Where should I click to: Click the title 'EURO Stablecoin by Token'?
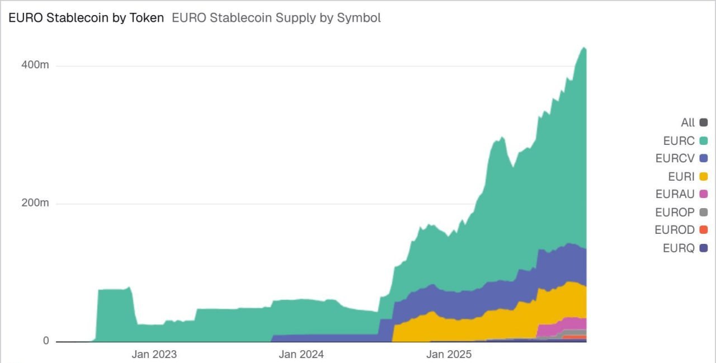click(86, 18)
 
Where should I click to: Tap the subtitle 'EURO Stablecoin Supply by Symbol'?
click(276, 18)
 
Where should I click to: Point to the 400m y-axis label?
click(35, 65)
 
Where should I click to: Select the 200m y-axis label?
click(35, 203)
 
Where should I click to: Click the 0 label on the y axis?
click(46, 341)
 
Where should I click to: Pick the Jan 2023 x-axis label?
click(154, 354)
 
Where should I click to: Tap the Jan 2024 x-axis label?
click(301, 354)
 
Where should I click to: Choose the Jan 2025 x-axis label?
click(449, 354)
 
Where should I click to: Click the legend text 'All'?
click(687, 122)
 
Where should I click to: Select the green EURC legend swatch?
click(703, 140)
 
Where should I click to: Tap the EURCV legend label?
click(675, 158)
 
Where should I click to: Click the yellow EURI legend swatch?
click(703, 177)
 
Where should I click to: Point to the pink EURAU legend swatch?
click(703, 195)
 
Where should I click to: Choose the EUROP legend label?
click(675, 213)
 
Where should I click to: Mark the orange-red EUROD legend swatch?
click(703, 230)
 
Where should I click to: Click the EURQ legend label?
click(678, 248)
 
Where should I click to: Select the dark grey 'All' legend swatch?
click(703, 122)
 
